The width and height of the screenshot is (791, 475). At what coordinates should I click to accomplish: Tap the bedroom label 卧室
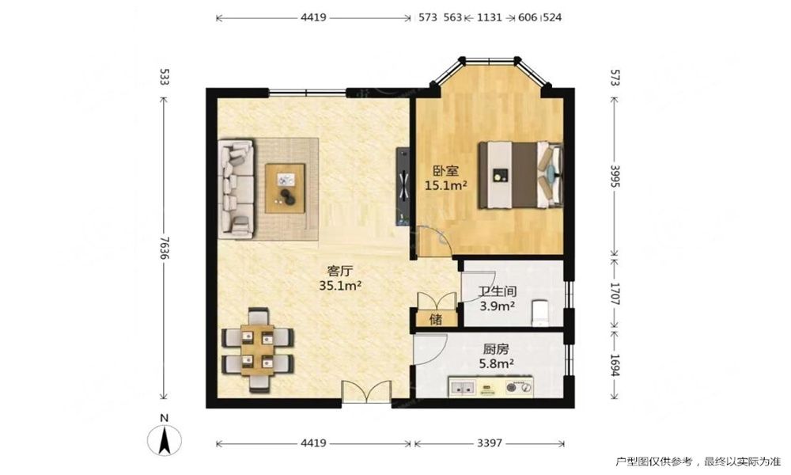tap(446, 171)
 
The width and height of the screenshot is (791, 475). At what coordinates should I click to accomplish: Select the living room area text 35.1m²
tap(340, 286)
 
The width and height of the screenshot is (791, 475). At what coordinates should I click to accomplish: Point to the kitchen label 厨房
tap(496, 349)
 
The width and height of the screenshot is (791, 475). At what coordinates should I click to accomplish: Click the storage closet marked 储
tap(437, 318)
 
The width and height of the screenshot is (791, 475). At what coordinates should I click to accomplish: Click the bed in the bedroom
tap(520, 175)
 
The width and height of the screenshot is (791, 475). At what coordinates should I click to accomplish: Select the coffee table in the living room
tap(286, 188)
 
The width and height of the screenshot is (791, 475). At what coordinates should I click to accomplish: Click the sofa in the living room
tap(236, 188)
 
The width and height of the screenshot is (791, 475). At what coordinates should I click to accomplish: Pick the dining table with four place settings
tap(257, 350)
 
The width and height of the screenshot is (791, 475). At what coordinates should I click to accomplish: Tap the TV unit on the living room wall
tap(403, 186)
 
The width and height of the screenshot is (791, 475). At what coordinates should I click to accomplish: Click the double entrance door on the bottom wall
tap(367, 393)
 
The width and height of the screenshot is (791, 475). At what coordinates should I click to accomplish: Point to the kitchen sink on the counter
tap(462, 388)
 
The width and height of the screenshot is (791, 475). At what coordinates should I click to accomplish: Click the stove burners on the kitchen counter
tap(519, 387)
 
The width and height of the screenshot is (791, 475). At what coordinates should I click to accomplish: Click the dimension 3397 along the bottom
tap(490, 443)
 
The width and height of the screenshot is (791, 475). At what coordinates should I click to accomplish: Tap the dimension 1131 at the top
tap(490, 17)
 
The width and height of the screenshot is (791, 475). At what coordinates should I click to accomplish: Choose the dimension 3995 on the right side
tap(615, 176)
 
